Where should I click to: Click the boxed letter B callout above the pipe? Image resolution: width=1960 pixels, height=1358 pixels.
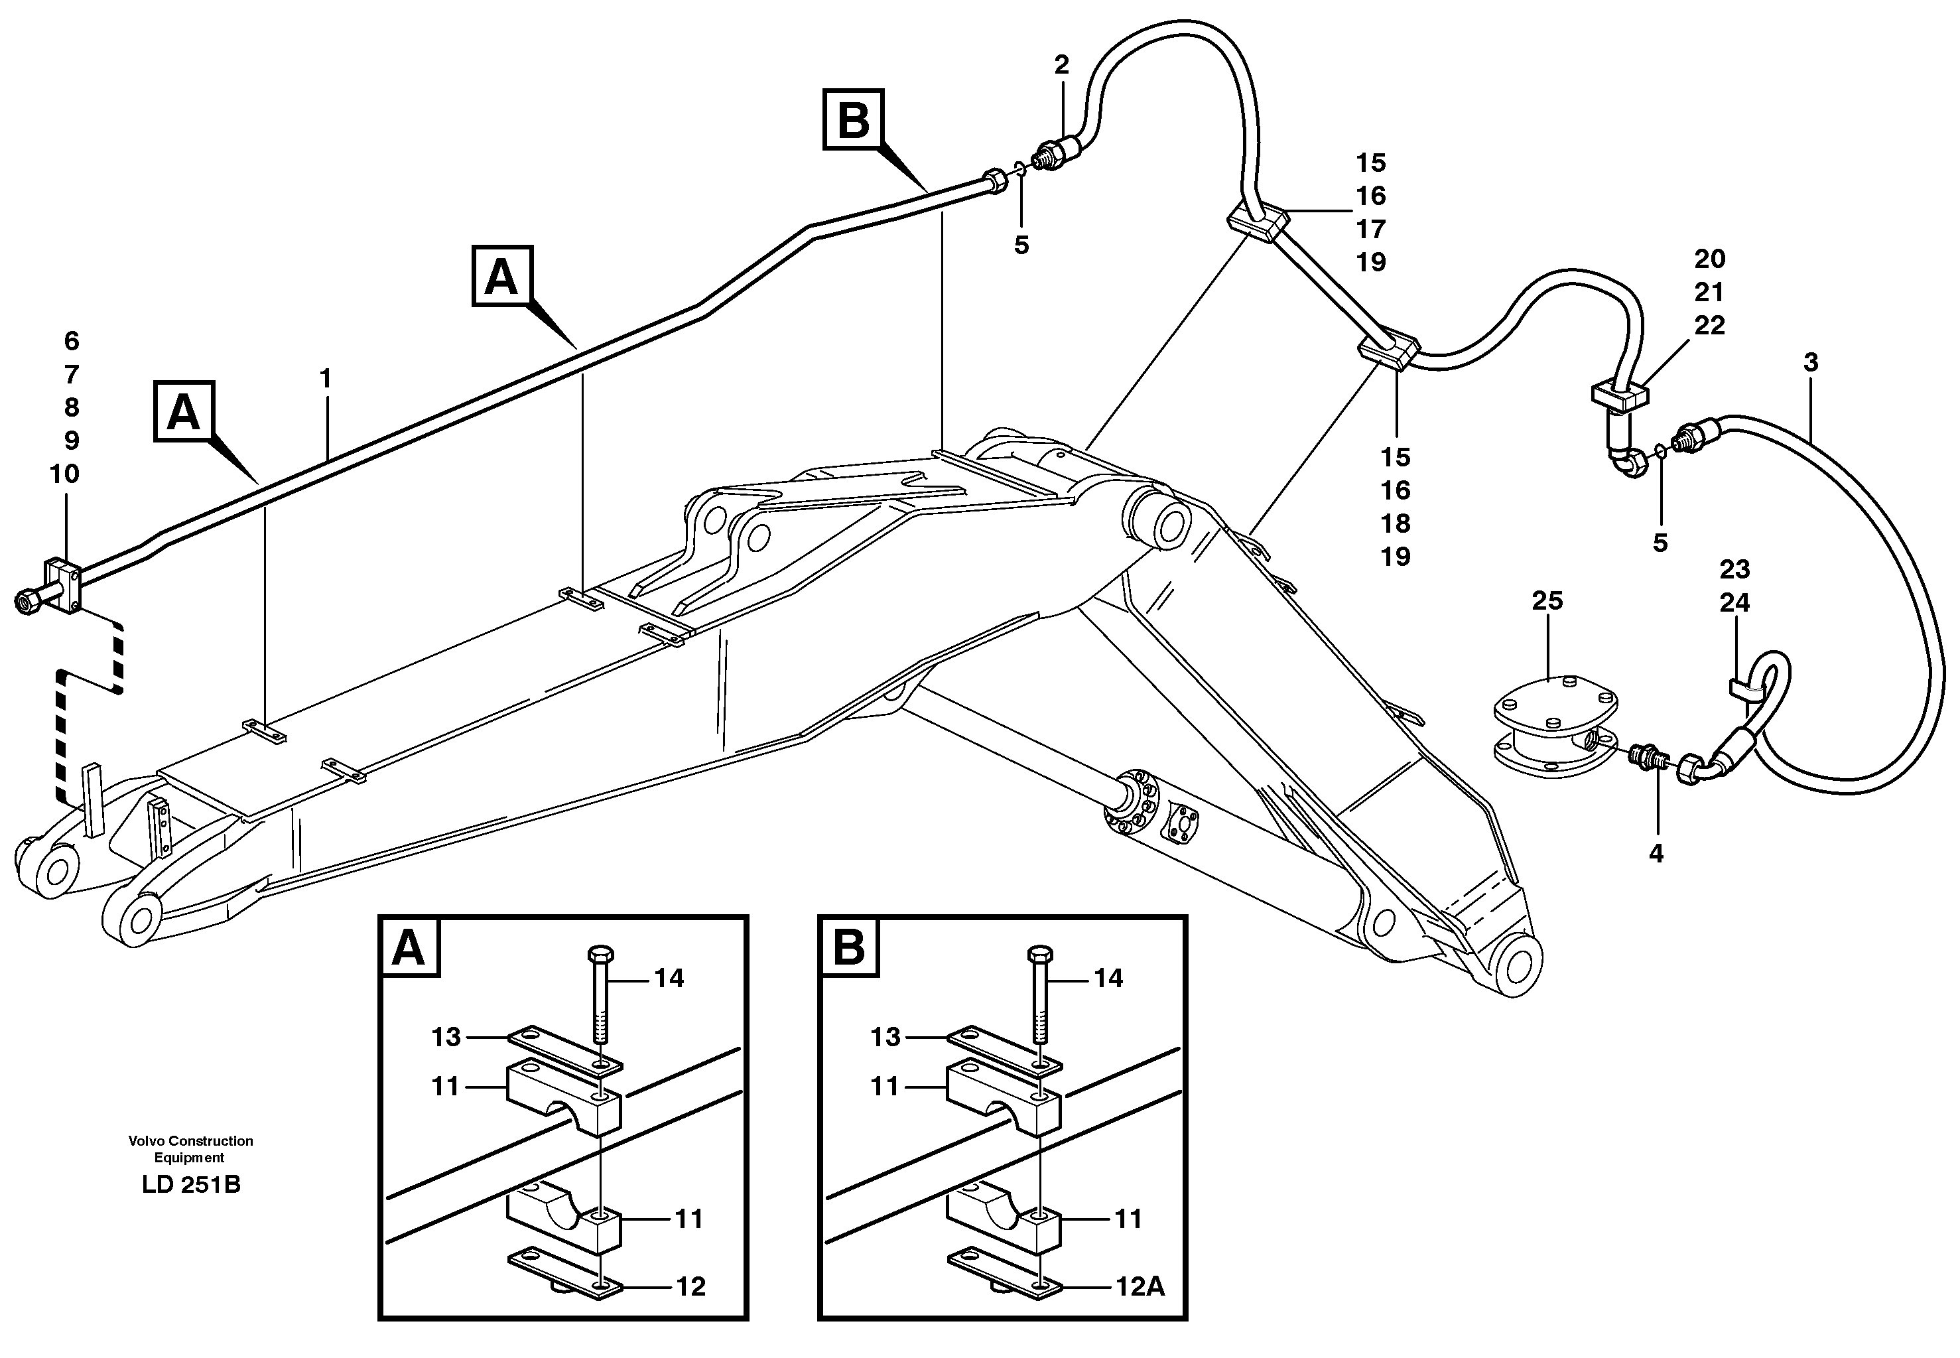coord(853,120)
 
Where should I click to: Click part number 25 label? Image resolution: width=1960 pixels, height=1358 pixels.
coord(1547,602)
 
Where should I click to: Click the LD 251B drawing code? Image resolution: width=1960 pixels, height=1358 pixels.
coord(192,1184)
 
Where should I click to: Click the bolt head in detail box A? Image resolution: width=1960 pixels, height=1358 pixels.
coord(600,952)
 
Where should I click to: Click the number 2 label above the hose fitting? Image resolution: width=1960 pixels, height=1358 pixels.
coord(1062,64)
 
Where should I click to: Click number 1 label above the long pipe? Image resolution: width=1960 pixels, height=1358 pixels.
coord(325,379)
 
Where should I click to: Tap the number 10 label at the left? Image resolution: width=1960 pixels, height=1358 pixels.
coord(64,474)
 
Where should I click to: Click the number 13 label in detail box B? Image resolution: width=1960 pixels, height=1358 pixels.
coord(885,1037)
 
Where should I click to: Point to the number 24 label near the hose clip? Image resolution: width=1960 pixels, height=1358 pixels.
coord(1734,603)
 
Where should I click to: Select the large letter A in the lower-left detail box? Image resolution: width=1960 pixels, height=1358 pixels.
coord(409,948)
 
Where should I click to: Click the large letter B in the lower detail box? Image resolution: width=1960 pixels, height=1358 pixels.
coord(849,948)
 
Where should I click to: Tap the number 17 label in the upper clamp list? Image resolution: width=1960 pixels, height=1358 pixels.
coord(1370,229)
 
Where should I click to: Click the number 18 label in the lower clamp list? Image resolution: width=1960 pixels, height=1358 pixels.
coord(1395,524)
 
